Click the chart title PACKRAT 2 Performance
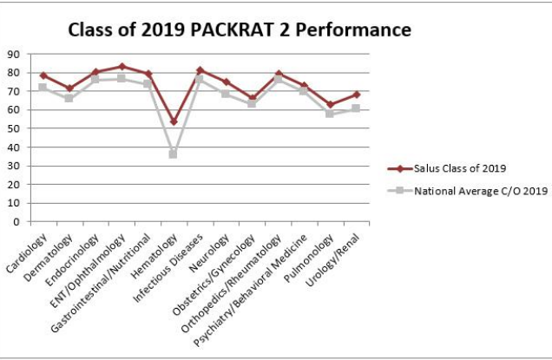click(x=239, y=30)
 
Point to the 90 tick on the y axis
click(x=13, y=54)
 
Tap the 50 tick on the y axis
click(x=13, y=128)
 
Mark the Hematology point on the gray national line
click(x=174, y=154)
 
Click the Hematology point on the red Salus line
click(x=174, y=121)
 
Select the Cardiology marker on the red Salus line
click(x=43, y=75)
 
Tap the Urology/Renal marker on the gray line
click(x=356, y=108)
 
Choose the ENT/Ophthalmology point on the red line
click(x=122, y=66)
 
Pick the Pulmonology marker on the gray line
click(x=330, y=114)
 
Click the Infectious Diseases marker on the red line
click(x=200, y=70)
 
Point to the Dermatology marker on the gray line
click(x=69, y=98)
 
